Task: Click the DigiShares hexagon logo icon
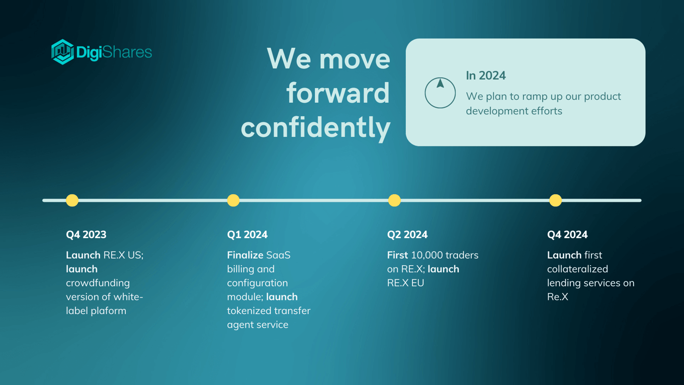(62, 52)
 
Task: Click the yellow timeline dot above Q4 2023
(72, 200)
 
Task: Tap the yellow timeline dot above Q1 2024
(233, 200)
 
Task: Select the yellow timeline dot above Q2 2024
(394, 200)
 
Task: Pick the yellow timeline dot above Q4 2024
(555, 200)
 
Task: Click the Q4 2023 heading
(86, 235)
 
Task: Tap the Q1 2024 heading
(247, 235)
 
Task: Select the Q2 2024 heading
(407, 235)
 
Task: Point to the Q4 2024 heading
(567, 235)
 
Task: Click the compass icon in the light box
(440, 93)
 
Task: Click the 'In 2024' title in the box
(486, 75)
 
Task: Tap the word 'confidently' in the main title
(315, 128)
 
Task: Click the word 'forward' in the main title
(338, 93)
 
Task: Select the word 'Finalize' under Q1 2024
(245, 255)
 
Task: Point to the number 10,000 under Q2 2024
(427, 255)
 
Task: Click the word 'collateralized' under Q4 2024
(577, 269)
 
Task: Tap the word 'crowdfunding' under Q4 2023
(98, 283)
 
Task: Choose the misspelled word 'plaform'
(109, 311)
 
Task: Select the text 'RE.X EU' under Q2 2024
(405, 283)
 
